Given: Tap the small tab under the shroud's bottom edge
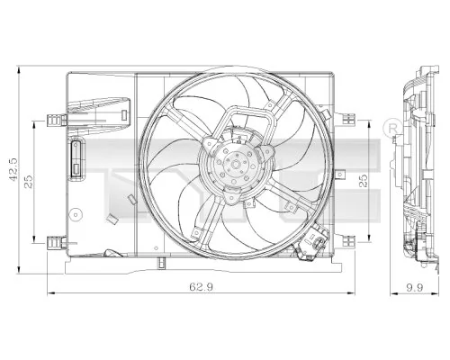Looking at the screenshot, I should click(158, 263).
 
